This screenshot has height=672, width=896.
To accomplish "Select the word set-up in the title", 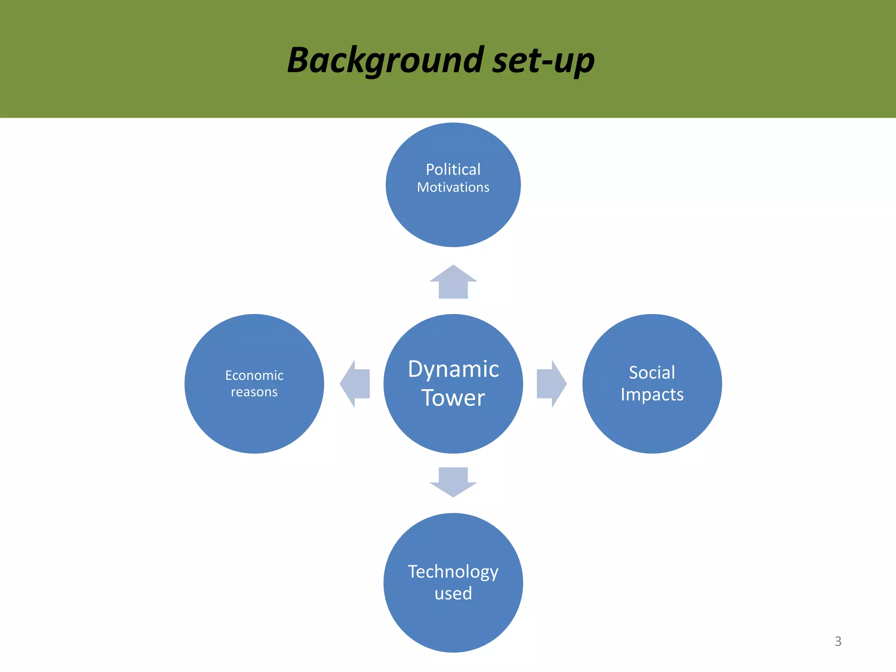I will pyautogui.click(x=543, y=60).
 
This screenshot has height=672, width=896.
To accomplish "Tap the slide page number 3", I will pyautogui.click(x=838, y=641).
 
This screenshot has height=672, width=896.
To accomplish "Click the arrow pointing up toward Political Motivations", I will pyautogui.click(x=453, y=282).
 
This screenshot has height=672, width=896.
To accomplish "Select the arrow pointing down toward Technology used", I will pyautogui.click(x=453, y=482).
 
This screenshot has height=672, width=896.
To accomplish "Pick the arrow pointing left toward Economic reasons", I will pyautogui.click(x=355, y=384).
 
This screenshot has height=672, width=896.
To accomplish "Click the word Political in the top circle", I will pyautogui.click(x=453, y=169).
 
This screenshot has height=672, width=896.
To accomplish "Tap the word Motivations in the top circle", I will pyautogui.click(x=453, y=187).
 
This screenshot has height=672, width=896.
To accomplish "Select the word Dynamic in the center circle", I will pyautogui.click(x=453, y=369).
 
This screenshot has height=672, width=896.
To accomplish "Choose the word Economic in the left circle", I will pyautogui.click(x=254, y=375).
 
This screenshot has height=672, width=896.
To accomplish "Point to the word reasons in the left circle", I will pyautogui.click(x=254, y=392).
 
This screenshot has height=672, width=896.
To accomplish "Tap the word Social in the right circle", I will pyautogui.click(x=652, y=373).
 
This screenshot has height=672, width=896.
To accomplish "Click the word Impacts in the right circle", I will pyautogui.click(x=652, y=395).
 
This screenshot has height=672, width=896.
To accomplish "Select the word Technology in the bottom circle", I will pyautogui.click(x=453, y=572).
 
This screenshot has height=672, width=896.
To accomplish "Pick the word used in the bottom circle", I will pyautogui.click(x=453, y=594).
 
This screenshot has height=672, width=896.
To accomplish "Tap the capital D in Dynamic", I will pyautogui.click(x=416, y=369).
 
